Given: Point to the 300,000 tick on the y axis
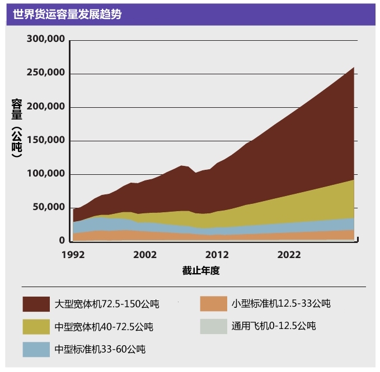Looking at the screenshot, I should [46, 40].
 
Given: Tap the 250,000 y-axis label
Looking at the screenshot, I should [46, 73].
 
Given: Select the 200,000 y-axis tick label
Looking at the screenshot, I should [46, 107].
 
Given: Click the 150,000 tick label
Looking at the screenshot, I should [46, 140].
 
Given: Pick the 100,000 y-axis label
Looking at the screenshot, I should [46, 174].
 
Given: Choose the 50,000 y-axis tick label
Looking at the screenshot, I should [49, 207].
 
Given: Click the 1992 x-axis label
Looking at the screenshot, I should [73, 255].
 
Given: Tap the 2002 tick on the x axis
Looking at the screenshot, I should [145, 255].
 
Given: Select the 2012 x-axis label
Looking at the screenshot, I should [217, 255].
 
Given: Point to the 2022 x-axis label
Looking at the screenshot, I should [289, 255].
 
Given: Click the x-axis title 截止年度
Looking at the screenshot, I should [201, 271].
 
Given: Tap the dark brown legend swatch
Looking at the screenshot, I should [36, 304].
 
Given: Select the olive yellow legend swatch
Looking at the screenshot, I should [36, 327].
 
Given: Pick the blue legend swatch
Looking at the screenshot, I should [36, 349].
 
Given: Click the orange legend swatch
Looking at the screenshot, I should [213, 304].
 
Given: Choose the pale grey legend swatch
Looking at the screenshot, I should [213, 326].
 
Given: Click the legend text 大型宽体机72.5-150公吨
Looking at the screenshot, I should [107, 304].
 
